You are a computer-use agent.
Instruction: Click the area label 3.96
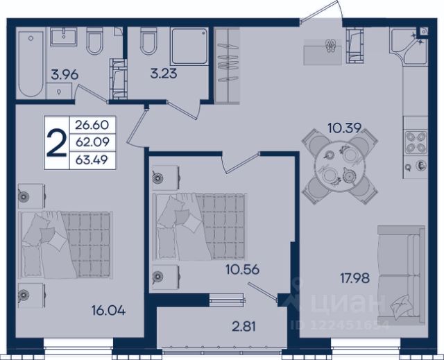click(65, 75)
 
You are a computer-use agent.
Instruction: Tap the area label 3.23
click(164, 74)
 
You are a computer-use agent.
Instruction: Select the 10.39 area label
click(345, 128)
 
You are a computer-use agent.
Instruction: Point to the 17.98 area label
click(355, 278)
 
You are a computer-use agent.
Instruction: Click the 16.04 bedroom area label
click(108, 311)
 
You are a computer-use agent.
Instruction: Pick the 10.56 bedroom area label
click(243, 269)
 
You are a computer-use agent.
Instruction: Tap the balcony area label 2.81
click(244, 327)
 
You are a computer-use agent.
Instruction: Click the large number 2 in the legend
click(57, 143)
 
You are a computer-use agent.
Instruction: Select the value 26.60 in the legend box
click(92, 125)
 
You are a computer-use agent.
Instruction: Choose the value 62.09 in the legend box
click(92, 142)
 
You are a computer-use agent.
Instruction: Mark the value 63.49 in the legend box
click(92, 160)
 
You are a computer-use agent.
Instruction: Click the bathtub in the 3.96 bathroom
click(31, 64)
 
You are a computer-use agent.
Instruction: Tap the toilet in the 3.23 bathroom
click(148, 41)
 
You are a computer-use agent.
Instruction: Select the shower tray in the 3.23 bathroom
click(189, 46)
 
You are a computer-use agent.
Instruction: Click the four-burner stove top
click(416, 142)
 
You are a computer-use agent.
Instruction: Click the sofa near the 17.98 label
click(401, 275)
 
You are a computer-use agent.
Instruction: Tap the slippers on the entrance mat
click(330, 46)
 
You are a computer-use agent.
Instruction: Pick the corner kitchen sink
click(409, 46)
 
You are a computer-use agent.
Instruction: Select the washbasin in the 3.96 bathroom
click(64, 37)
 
